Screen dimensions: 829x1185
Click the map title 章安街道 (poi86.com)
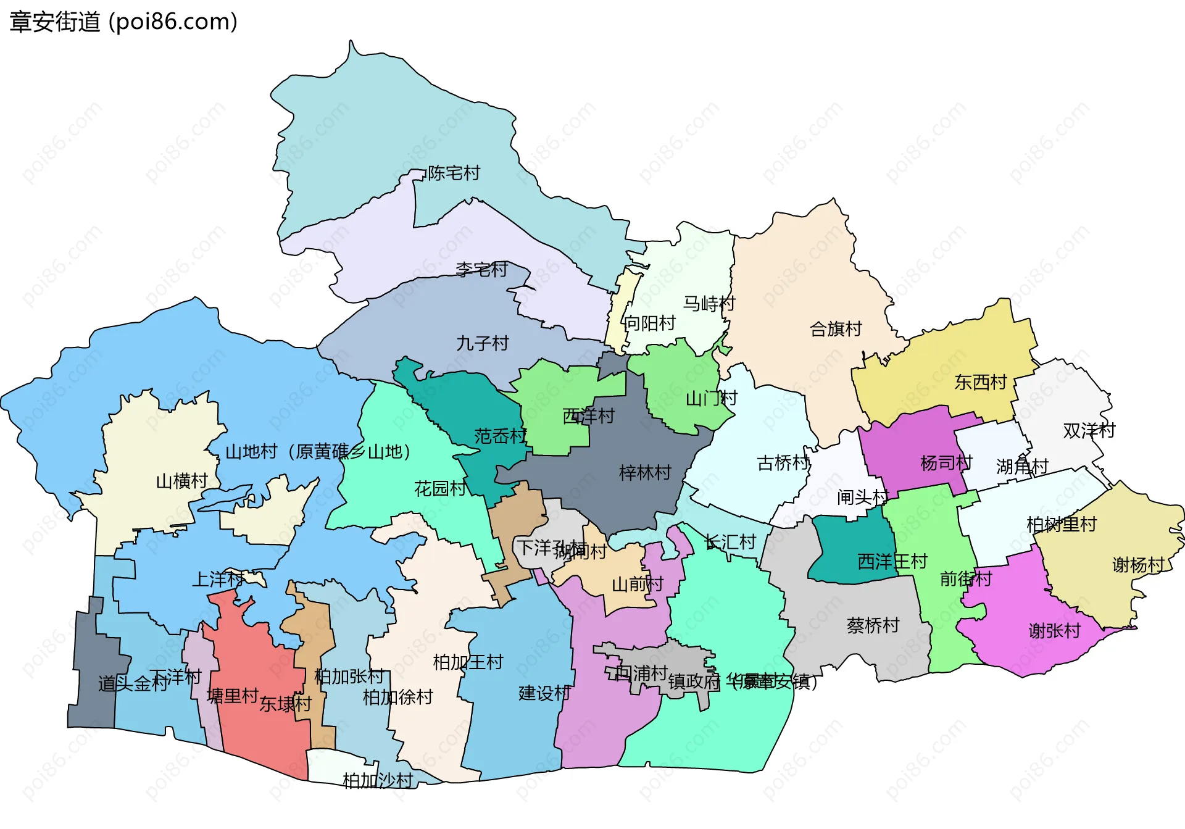click(123, 22)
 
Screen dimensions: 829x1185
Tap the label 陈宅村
click(454, 173)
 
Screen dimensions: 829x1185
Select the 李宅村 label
click(481, 269)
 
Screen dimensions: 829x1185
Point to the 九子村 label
click(482, 343)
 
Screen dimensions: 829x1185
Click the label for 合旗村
click(836, 329)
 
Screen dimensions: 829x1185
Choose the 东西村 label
click(980, 382)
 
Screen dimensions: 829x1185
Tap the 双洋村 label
click(1089, 430)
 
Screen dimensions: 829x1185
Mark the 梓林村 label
click(645, 473)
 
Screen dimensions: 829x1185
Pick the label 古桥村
click(783, 462)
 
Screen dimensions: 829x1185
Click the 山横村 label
click(181, 481)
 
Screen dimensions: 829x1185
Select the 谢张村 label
click(1054, 631)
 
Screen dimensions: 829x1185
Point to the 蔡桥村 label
click(873, 626)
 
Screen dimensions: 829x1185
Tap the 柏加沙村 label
click(377, 781)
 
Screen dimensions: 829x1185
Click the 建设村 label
click(544, 693)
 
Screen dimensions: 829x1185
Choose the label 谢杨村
click(1137, 565)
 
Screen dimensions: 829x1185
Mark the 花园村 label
click(439, 489)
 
